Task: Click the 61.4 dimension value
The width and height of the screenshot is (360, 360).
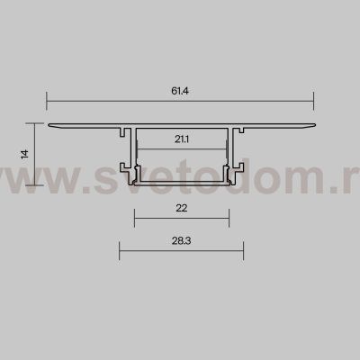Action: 180,90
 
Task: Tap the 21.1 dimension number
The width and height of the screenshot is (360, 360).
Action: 180,138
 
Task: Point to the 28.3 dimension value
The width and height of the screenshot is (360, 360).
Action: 181,241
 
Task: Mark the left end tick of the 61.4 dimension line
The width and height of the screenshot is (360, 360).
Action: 46,100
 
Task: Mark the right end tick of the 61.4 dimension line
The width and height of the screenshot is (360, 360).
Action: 315,100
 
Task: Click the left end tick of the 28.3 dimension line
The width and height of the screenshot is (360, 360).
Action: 120,250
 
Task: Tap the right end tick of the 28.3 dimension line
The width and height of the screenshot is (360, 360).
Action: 244,250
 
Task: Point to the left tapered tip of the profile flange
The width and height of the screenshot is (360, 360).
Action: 48,124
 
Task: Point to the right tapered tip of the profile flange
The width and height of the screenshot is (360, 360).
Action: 315,124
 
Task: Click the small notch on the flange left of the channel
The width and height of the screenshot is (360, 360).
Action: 121,130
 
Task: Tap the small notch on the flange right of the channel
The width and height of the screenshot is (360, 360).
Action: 242,130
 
